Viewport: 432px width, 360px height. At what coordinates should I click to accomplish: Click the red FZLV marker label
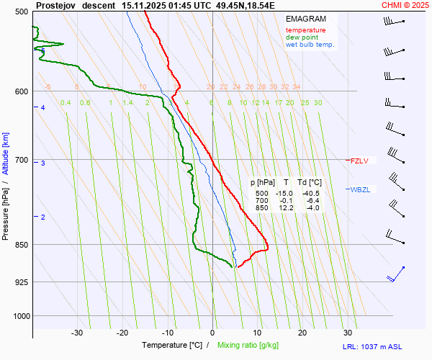point(359,161)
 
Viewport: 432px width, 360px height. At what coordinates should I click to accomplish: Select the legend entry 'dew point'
point(305,37)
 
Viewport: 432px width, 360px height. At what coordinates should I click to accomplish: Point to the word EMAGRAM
point(305,18)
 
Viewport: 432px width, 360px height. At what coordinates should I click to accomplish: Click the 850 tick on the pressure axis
point(21,245)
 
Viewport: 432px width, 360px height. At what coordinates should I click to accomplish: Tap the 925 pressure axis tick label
point(21,282)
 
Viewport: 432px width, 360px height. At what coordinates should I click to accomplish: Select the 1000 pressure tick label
point(19,315)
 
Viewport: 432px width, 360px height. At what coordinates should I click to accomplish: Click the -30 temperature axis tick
point(77,333)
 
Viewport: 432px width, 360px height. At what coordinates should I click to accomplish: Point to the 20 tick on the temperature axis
point(302,333)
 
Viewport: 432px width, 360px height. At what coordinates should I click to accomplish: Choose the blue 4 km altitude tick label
point(42,108)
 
